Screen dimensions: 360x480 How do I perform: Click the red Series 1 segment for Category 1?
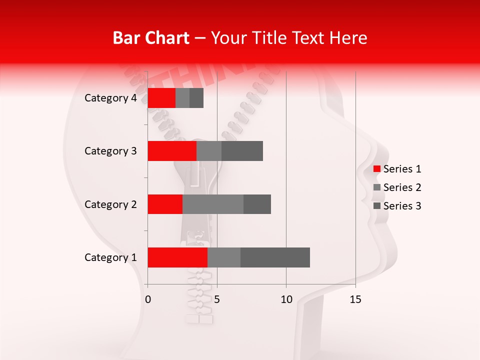point(177,257)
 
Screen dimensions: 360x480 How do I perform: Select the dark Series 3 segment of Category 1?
point(275,257)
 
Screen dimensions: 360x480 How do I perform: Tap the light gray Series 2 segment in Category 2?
point(213,204)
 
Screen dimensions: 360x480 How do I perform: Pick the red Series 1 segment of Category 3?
point(172,151)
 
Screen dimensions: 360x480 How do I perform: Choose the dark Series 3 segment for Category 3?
point(242,151)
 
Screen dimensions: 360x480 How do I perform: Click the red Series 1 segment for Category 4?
point(161,98)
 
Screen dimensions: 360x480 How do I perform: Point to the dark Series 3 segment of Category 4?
point(196,98)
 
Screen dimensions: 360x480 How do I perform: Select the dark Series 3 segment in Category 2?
point(257,204)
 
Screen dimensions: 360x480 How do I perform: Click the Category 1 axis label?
point(110,257)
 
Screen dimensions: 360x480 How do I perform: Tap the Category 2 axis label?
point(110,204)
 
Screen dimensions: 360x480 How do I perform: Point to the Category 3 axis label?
point(110,151)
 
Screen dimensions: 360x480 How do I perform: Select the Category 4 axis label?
point(110,98)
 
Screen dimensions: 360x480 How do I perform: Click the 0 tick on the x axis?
point(148,299)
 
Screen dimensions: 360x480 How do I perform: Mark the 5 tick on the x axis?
point(217,299)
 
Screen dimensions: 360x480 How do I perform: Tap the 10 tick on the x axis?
point(286,299)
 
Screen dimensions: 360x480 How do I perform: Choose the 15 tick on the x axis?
point(355,299)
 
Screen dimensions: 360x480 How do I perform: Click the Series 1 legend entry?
point(397,169)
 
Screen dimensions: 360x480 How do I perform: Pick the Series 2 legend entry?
point(397,187)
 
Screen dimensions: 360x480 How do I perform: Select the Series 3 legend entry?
point(397,206)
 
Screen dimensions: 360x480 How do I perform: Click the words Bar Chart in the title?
point(151,38)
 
